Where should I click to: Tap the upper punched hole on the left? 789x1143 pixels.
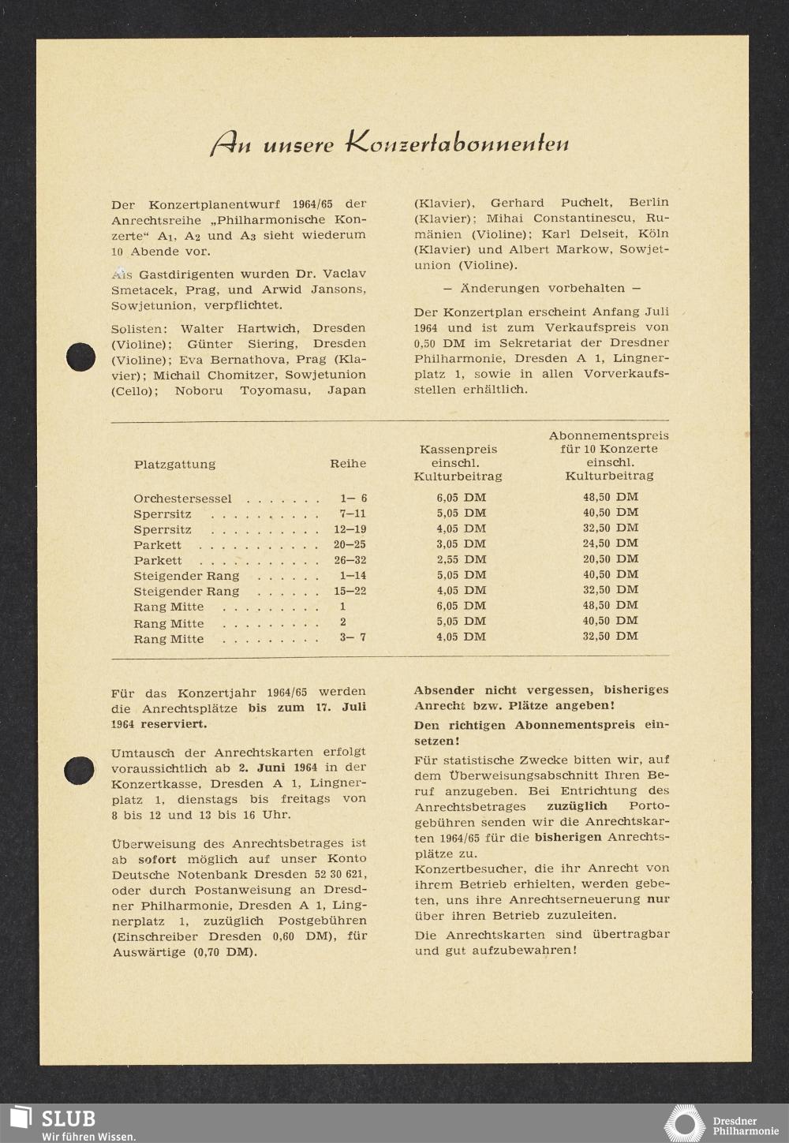[80, 357]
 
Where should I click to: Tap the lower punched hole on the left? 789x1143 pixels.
[80, 769]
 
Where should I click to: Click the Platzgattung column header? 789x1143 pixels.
[174, 464]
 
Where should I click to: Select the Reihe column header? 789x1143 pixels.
[348, 464]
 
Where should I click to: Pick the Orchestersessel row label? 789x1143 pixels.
[182, 499]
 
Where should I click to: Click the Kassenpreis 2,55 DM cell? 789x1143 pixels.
[461, 559]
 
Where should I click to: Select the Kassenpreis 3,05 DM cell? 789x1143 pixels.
[461, 544]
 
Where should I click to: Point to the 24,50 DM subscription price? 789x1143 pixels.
[610, 543]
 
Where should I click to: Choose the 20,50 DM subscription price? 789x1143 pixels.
[610, 558]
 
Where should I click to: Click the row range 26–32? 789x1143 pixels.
[353, 560]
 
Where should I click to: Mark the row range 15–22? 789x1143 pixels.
[353, 591]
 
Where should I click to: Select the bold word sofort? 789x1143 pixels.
[157, 859]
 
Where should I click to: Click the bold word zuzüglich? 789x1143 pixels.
[577, 806]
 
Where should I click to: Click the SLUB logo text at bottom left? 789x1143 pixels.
[68, 1118]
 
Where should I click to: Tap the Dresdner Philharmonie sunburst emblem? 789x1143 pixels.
[684, 1123]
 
